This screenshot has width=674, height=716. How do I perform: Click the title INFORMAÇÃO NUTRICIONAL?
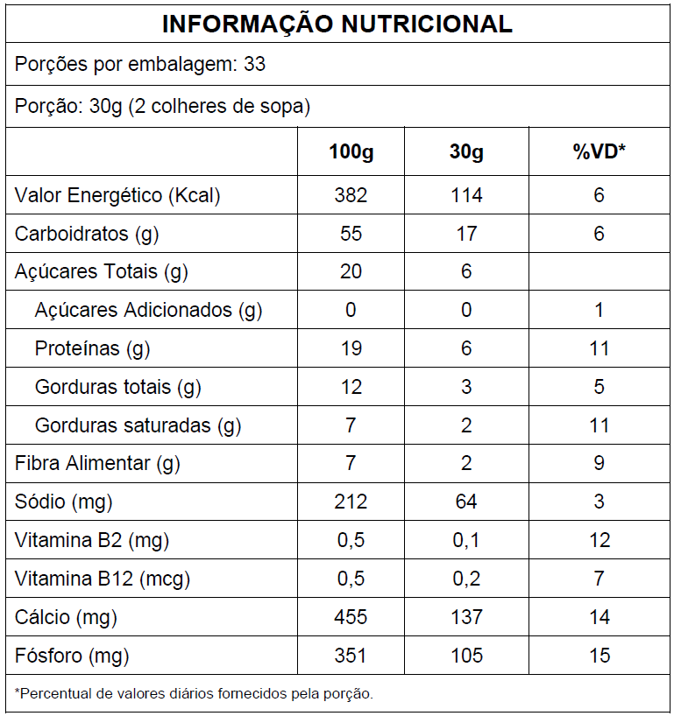(337, 24)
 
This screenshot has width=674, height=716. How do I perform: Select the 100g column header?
(351, 151)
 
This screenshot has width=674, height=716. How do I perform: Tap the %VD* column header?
(599, 151)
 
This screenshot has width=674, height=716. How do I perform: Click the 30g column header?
(466, 151)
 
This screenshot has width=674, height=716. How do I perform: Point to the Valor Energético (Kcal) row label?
(117, 195)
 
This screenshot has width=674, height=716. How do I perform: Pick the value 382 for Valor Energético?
(351, 195)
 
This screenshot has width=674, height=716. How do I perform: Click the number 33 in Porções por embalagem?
(255, 65)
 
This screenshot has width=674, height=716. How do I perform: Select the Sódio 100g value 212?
(351, 502)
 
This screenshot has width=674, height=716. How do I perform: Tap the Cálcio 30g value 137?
(466, 617)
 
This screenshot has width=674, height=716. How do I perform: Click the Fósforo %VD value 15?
(599, 656)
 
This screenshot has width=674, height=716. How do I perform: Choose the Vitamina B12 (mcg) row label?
(103, 579)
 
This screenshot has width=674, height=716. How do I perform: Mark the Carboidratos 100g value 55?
(351, 234)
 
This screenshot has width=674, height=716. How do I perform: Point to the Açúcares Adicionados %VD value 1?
(599, 311)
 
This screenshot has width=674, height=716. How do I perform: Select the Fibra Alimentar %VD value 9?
(599, 463)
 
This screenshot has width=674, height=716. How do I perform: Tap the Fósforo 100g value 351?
(351, 656)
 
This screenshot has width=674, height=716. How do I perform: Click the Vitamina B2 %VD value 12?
(599, 540)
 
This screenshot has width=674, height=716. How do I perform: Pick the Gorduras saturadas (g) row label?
(138, 426)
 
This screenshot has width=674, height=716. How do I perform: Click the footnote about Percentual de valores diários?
(195, 694)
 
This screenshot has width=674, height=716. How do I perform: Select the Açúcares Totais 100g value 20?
(351, 272)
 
